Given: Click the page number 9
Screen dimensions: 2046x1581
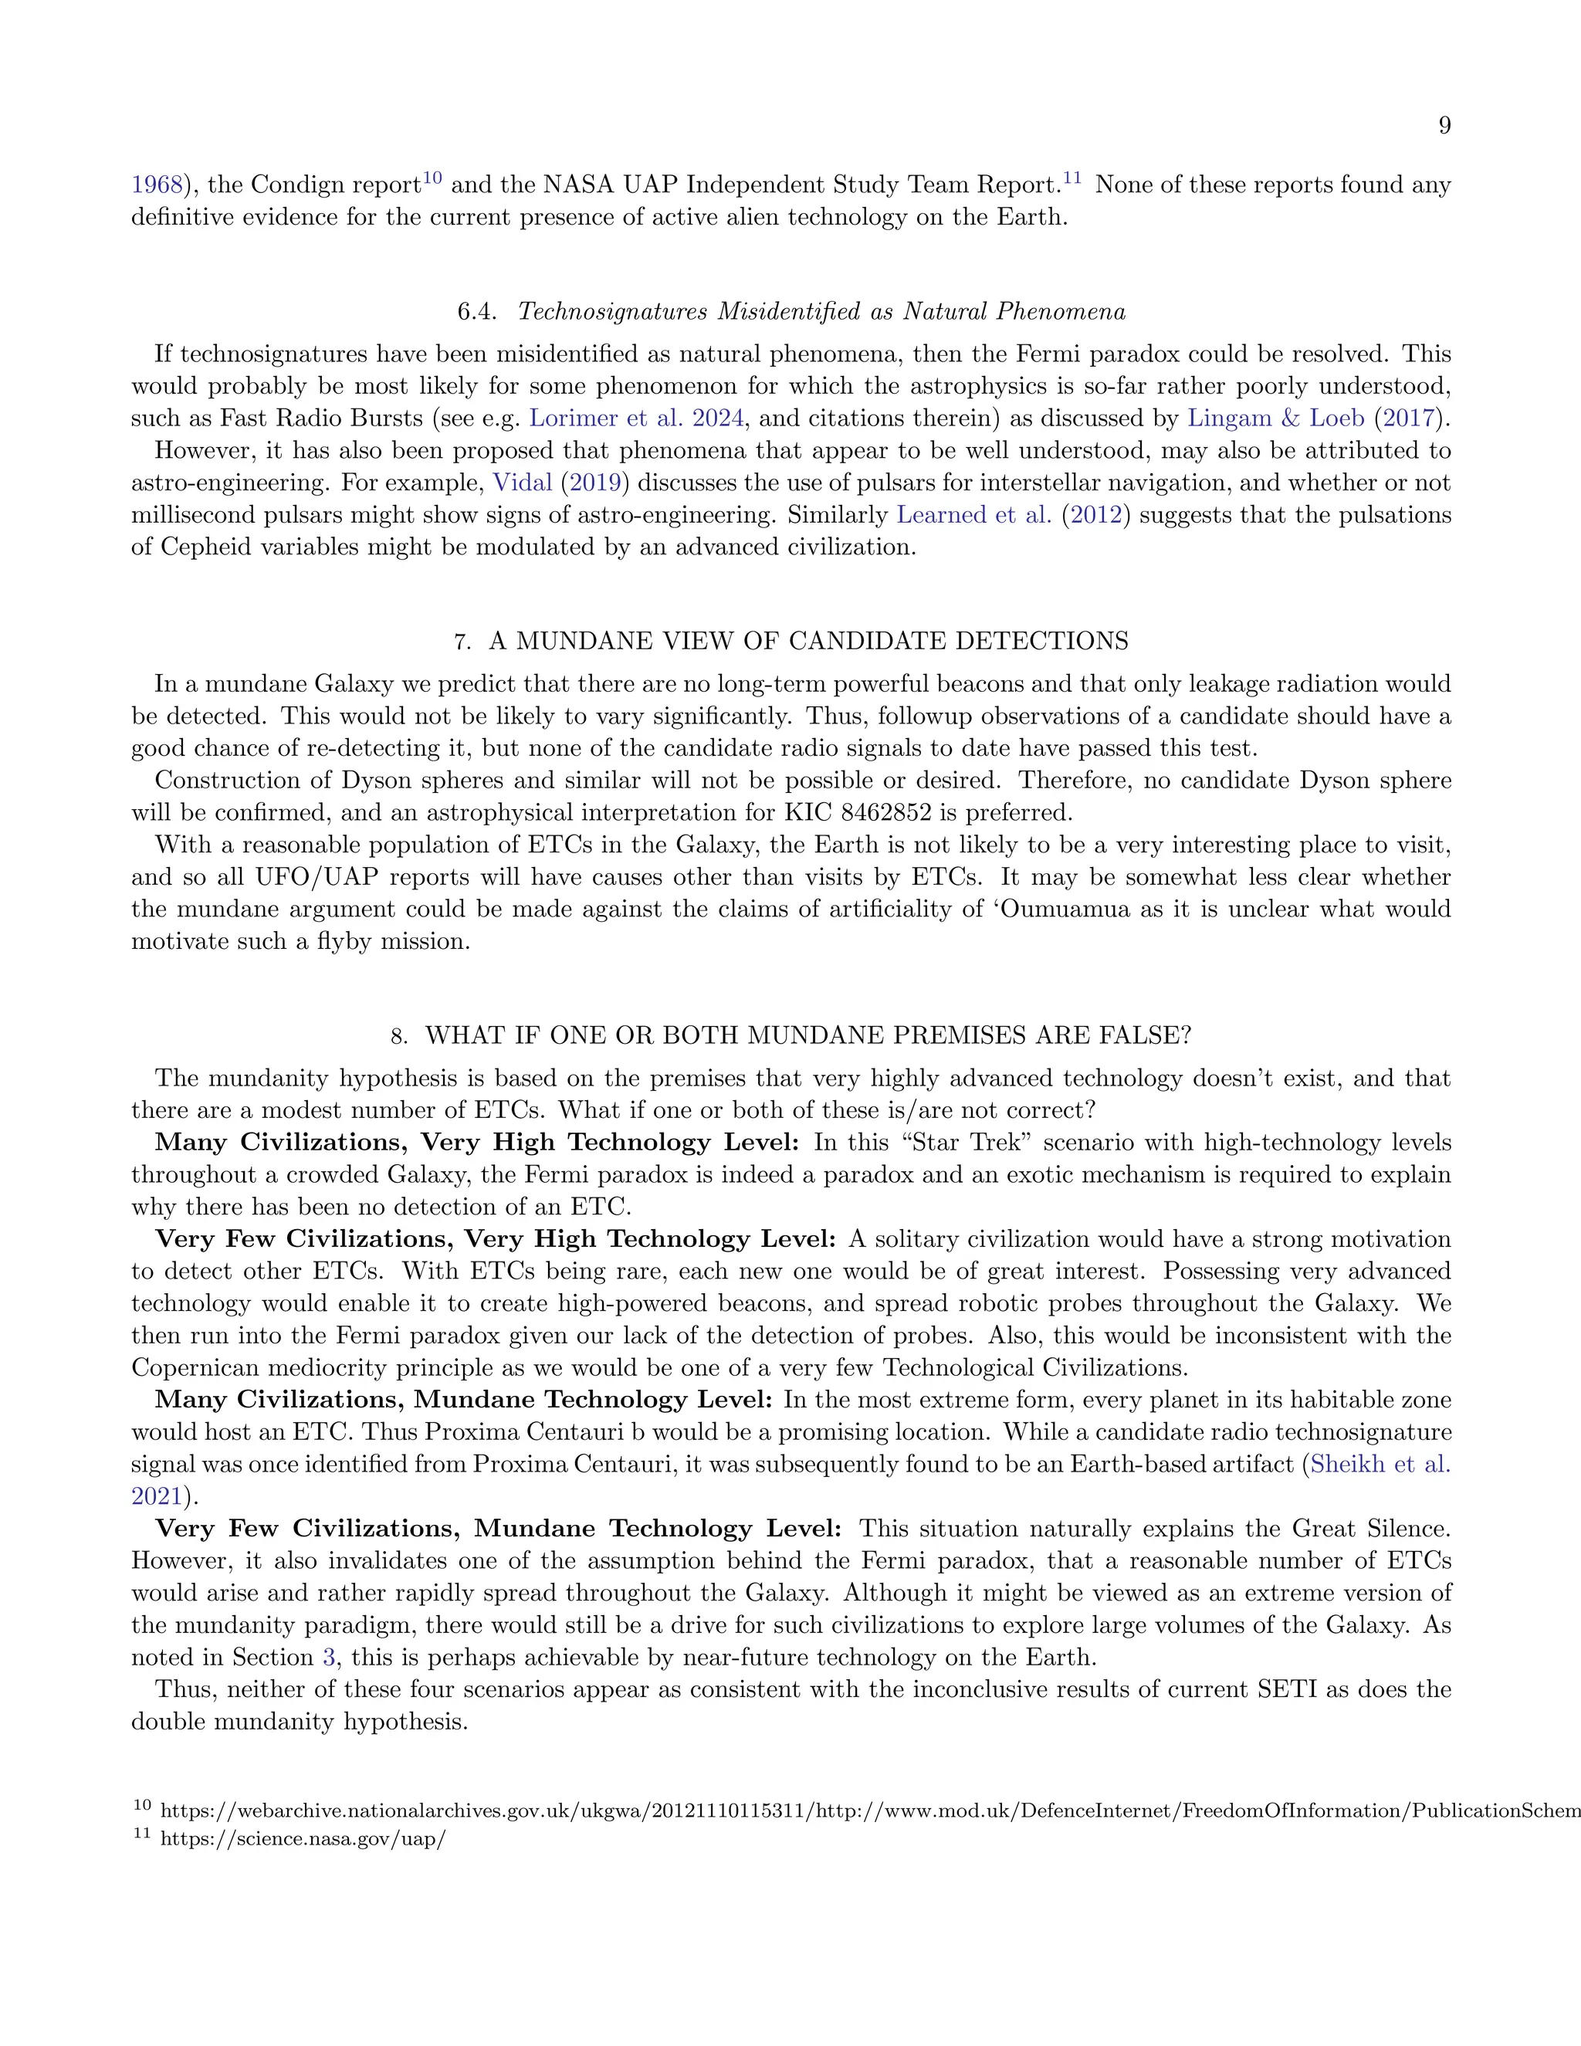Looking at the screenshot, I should pyautogui.click(x=1444, y=126).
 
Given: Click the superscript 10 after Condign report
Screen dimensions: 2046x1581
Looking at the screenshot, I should pyautogui.click(x=432, y=177).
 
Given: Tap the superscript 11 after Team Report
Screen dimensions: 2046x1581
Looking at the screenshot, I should pyautogui.click(x=1071, y=177).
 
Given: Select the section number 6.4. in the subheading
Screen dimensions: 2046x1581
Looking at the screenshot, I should pyautogui.click(x=477, y=312).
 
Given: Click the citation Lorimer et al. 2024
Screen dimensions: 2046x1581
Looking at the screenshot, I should pyautogui.click(x=636, y=418).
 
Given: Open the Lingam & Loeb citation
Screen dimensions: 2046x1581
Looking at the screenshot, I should pyautogui.click(x=1275, y=418).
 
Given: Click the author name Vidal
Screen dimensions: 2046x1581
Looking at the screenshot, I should pyautogui.click(x=522, y=483).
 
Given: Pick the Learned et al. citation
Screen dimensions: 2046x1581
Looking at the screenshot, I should pyautogui.click(x=973, y=514).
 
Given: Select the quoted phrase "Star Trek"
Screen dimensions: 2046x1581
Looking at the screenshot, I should pyautogui.click(x=965, y=1142).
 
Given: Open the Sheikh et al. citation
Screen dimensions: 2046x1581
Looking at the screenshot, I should pyautogui.click(x=1379, y=1463).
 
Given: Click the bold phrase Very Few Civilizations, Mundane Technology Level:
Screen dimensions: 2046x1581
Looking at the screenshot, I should pyautogui.click(x=498, y=1528).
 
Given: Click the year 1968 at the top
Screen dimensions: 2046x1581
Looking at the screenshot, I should pyautogui.click(x=155, y=185).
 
